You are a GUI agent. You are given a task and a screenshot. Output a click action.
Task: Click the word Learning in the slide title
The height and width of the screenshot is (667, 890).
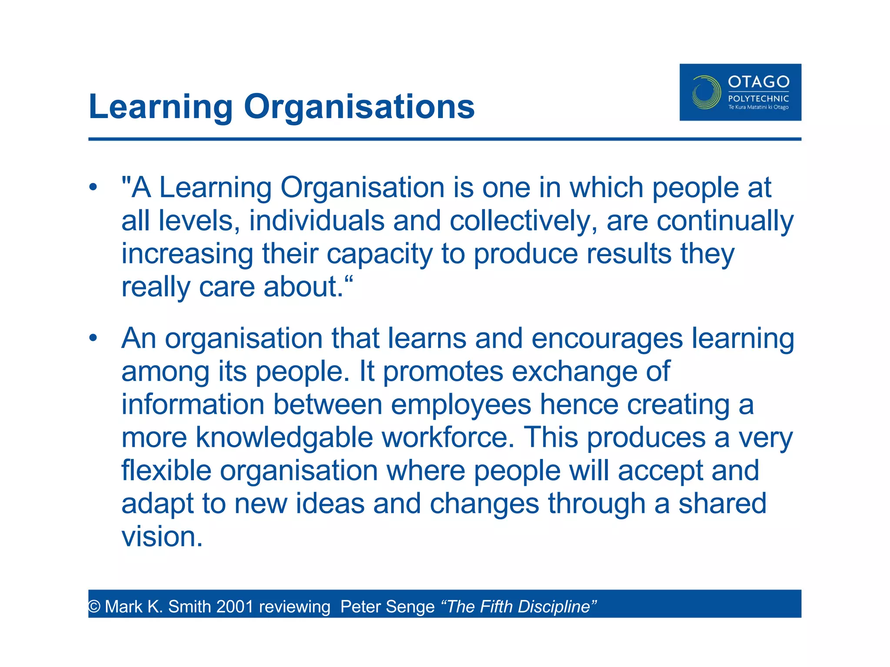(x=161, y=107)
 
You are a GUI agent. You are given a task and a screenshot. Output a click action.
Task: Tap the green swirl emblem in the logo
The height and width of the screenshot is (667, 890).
(x=706, y=92)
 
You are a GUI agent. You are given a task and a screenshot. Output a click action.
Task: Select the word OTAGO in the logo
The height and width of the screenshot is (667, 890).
(x=758, y=82)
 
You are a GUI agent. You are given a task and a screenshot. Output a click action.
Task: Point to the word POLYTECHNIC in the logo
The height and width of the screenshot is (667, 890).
(x=758, y=99)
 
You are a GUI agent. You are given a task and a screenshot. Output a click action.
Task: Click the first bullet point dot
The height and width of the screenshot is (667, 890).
(x=93, y=188)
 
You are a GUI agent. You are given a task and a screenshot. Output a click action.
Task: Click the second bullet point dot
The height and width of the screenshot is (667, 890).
(x=93, y=338)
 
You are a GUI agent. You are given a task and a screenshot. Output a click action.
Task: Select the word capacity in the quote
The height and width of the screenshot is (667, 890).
(x=379, y=254)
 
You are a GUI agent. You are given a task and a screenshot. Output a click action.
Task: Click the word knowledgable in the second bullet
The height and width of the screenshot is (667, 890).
(x=284, y=437)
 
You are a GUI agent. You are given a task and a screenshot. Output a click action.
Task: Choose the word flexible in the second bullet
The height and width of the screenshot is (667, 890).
(x=166, y=470)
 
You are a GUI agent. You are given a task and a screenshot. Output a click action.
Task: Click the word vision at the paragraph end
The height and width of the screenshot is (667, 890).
(x=161, y=537)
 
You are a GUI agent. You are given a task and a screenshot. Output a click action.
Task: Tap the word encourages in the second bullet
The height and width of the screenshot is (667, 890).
(x=607, y=338)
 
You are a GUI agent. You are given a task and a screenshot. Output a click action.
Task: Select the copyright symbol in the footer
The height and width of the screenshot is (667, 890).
(x=94, y=607)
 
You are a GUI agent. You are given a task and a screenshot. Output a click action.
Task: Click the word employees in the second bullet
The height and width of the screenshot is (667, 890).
(x=461, y=404)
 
